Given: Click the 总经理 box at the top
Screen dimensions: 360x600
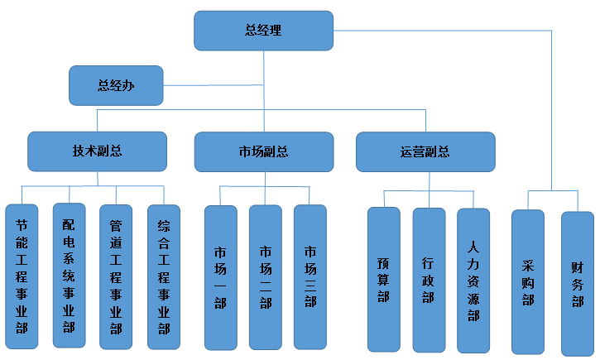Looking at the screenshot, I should click(x=263, y=31).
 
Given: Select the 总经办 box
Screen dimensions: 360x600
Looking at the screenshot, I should click(x=115, y=85).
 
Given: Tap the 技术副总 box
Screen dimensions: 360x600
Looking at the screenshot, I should click(x=98, y=151).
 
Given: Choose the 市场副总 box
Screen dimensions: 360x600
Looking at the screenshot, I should click(x=263, y=151).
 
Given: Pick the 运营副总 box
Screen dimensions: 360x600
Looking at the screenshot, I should click(x=425, y=151).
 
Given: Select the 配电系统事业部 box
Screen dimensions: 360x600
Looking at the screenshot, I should click(x=69, y=275).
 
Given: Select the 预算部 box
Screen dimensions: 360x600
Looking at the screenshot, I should click(x=383, y=280).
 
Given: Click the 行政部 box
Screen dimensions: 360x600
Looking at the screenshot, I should click(x=428, y=280).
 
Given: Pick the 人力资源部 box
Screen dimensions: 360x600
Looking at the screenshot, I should click(x=473, y=280).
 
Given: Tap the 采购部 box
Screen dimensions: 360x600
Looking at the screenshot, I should click(x=528, y=281).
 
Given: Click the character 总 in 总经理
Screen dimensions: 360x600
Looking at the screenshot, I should click(x=251, y=31).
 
